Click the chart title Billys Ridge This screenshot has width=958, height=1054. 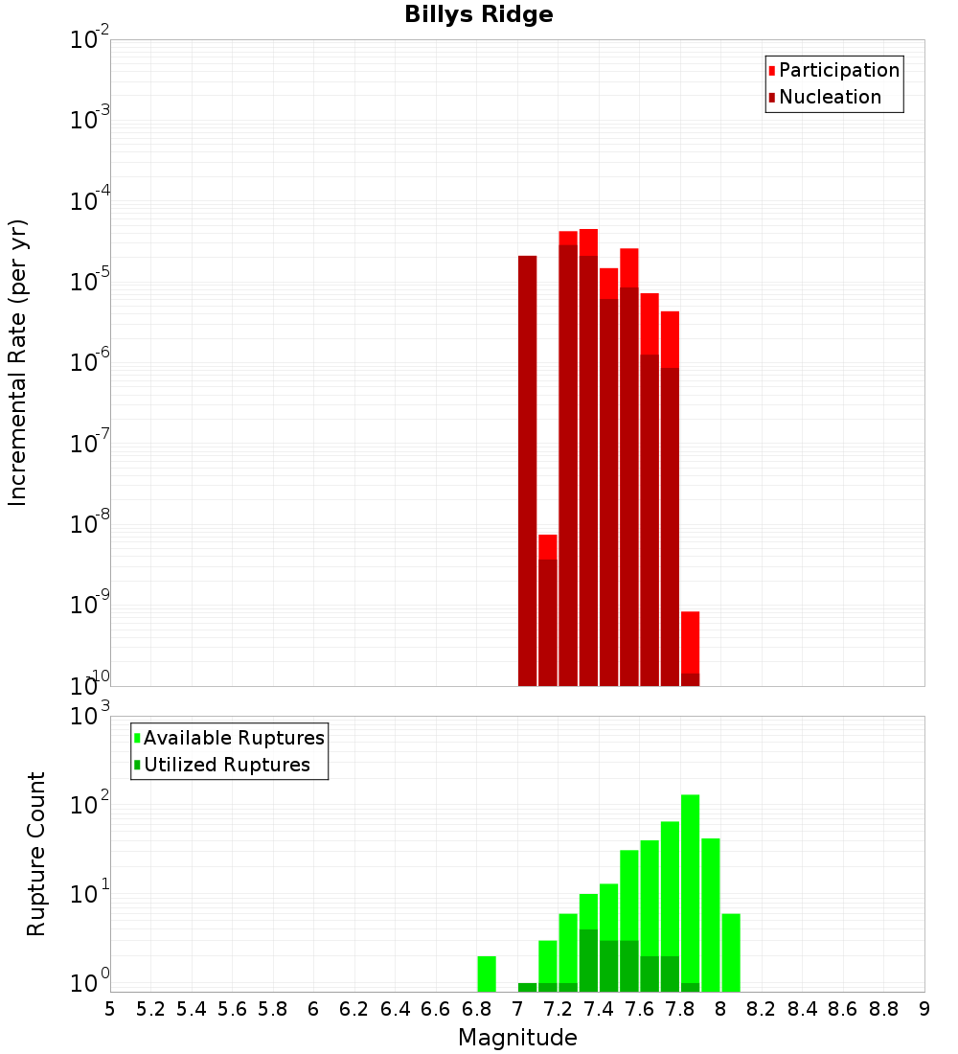pyautogui.click(x=478, y=15)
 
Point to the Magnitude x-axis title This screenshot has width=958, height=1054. pyautogui.click(x=517, y=1038)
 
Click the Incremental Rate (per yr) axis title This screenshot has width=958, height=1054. pyautogui.click(x=18, y=362)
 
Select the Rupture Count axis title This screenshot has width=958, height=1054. pyautogui.click(x=36, y=854)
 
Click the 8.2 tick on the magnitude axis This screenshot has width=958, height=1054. pyautogui.click(x=762, y=1009)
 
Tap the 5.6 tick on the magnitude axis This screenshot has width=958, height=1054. pyautogui.click(x=233, y=1009)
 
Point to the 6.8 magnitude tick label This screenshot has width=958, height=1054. pyautogui.click(x=477, y=1009)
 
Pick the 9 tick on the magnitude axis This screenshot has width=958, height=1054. pyautogui.click(x=924, y=1009)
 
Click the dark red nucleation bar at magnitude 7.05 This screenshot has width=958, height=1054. pyautogui.click(x=528, y=470)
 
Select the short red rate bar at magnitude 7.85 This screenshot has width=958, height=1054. pyautogui.click(x=691, y=643)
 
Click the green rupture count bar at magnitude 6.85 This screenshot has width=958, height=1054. pyautogui.click(x=487, y=974)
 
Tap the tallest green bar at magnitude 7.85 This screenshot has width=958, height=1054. pyautogui.click(x=691, y=891)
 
